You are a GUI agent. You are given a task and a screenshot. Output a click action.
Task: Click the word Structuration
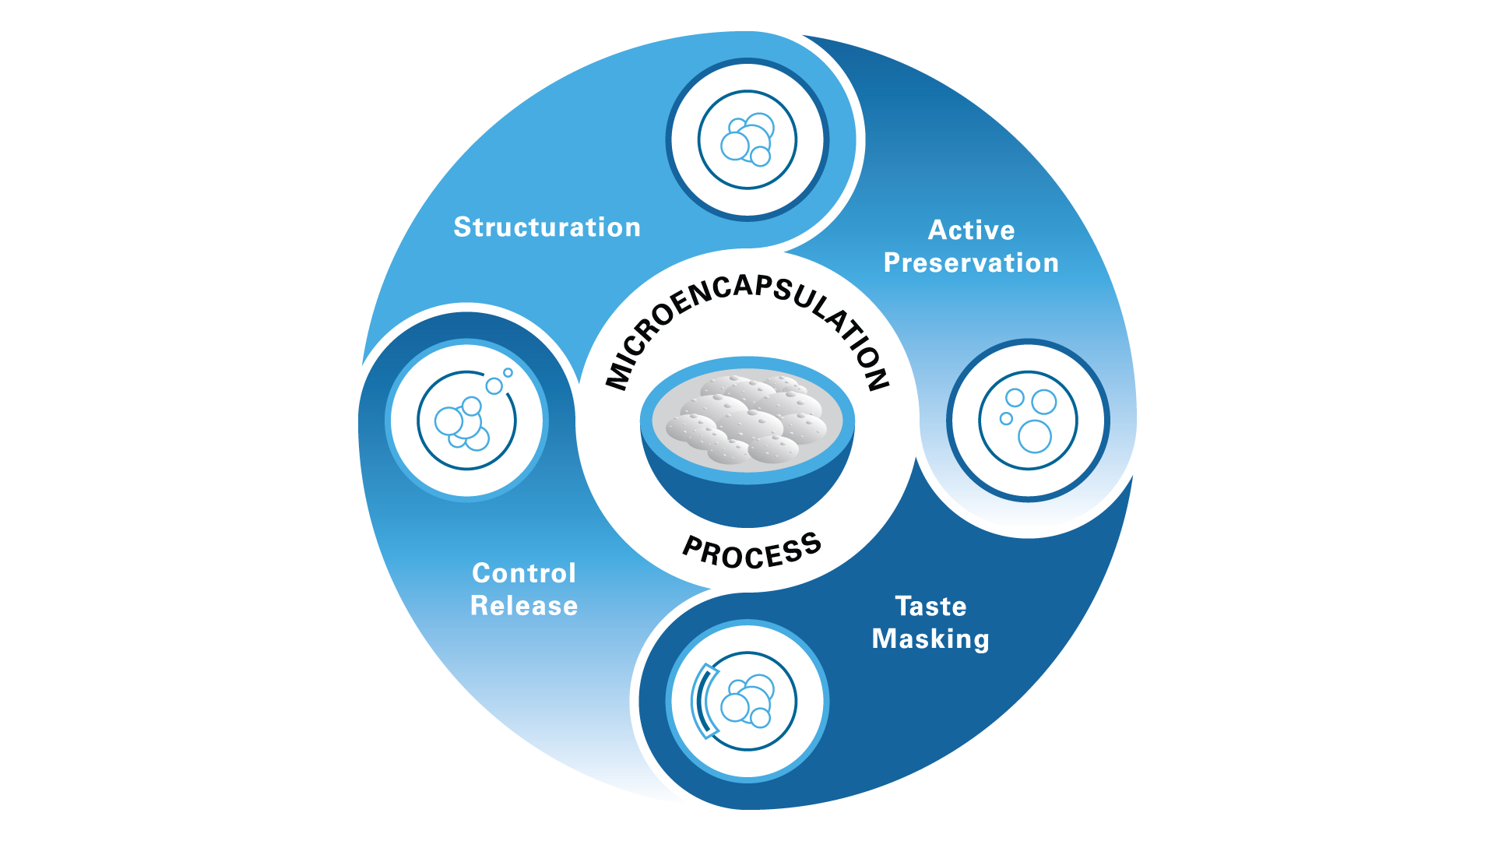(x=547, y=227)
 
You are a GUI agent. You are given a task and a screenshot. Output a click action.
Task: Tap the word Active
(x=971, y=230)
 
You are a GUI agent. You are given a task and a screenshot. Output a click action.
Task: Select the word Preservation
(x=971, y=263)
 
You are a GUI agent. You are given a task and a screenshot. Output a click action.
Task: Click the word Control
(x=524, y=574)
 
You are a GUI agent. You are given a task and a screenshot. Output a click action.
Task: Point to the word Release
(x=524, y=606)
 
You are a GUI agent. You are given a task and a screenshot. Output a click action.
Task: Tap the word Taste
(x=930, y=607)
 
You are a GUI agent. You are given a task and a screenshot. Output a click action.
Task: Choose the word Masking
(x=930, y=639)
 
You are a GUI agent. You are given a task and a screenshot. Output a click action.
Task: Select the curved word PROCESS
(x=751, y=552)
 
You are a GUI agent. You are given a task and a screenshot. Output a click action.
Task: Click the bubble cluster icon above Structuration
(x=747, y=140)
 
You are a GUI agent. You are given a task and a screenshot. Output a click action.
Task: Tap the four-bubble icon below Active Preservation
(x=1028, y=420)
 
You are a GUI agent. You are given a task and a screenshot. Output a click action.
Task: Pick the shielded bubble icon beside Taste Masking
(x=747, y=701)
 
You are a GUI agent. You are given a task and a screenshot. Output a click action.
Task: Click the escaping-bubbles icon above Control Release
(x=466, y=420)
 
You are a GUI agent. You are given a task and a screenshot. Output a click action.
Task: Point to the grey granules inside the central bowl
(x=747, y=420)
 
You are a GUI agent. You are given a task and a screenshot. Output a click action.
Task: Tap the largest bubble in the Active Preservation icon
(x=1035, y=436)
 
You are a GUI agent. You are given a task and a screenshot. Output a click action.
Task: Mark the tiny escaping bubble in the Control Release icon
(x=508, y=373)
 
